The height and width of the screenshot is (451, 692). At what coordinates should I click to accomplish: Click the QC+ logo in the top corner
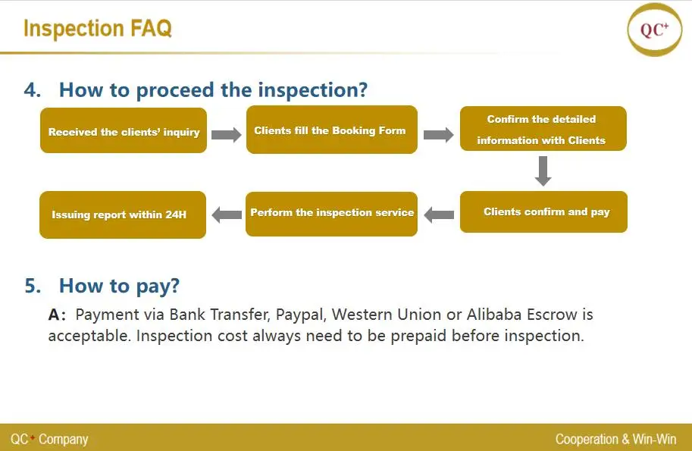[x=655, y=30]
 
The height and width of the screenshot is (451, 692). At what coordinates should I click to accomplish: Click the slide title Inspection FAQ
[x=98, y=28]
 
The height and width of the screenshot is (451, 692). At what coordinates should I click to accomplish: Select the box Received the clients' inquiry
[x=124, y=130]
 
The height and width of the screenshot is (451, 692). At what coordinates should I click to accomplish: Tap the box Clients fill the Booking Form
[x=332, y=130]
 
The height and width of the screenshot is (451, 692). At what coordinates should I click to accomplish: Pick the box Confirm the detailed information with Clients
[x=543, y=128]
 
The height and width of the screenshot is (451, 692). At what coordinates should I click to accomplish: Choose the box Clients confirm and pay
[x=543, y=211]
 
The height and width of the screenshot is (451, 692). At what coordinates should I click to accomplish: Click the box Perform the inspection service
[x=331, y=214]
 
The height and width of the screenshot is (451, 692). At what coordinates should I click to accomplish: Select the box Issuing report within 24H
[x=123, y=215]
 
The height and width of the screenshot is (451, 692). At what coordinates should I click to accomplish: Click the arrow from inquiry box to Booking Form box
[x=227, y=135]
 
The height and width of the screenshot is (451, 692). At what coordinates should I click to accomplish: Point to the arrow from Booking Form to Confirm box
[x=439, y=135]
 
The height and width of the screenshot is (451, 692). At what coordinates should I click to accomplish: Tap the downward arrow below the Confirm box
[x=543, y=171]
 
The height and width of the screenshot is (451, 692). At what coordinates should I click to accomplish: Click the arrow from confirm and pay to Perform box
[x=439, y=215]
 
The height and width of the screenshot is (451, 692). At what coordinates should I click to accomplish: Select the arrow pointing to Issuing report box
[x=227, y=215]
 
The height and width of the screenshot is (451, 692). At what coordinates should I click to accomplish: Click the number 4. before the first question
[x=33, y=89]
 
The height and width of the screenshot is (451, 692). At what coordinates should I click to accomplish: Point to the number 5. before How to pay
[x=33, y=286]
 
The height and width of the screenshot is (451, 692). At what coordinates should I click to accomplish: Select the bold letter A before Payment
[x=55, y=315]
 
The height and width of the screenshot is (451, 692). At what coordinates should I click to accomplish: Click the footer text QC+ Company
[x=49, y=439]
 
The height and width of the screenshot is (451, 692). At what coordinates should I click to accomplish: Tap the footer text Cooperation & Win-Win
[x=615, y=439]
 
